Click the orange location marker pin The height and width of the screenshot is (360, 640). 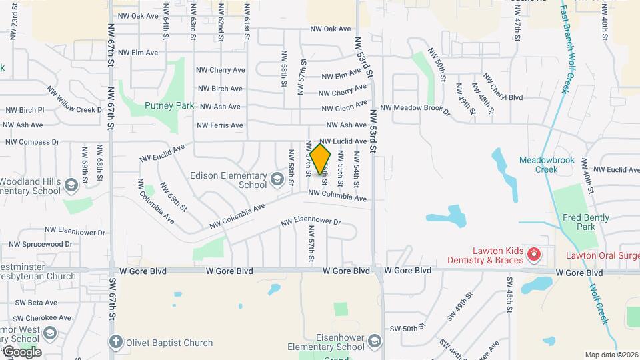tap(320, 159)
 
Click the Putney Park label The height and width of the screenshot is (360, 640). tap(169, 105)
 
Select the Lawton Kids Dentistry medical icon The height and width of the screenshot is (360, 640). tap(533, 254)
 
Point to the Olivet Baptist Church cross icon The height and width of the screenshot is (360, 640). tap(116, 343)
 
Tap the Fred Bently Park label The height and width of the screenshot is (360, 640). tap(586, 222)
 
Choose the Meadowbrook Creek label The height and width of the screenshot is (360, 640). tap(545, 165)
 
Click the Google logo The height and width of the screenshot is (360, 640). tap(21, 351)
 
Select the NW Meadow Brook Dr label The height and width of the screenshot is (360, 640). tap(415, 107)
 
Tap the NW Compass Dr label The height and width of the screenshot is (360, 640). tap(33, 142)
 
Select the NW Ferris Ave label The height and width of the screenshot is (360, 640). tap(220, 125)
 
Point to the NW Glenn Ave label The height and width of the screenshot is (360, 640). tap(345, 107)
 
